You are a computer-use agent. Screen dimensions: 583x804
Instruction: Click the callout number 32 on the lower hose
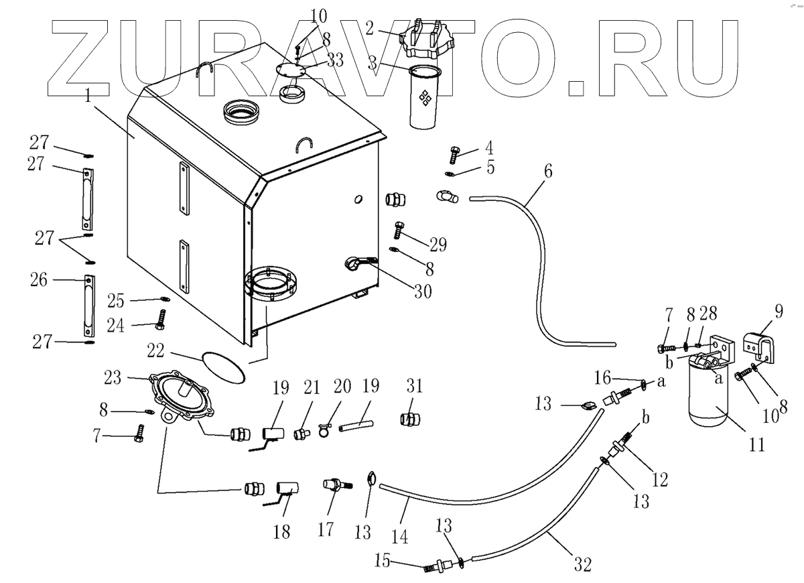tap(582, 564)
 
